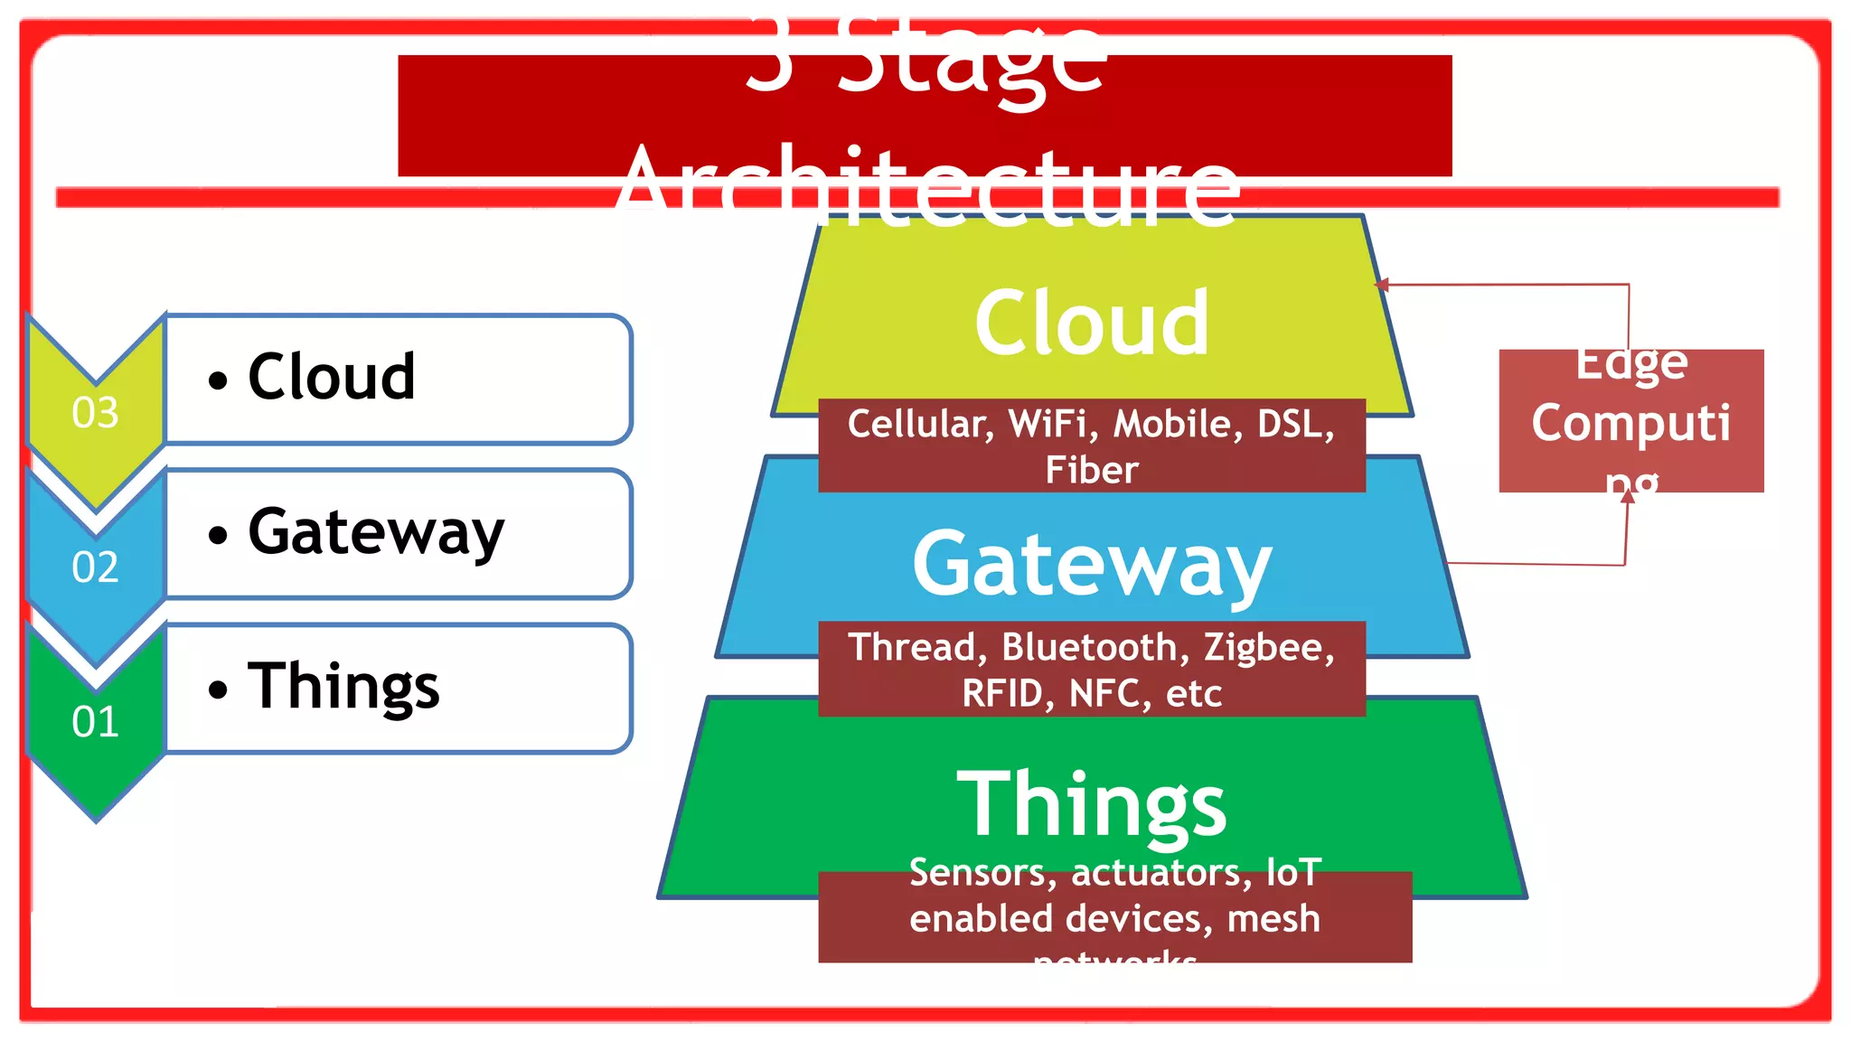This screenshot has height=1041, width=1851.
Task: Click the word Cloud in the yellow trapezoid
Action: coord(1091,323)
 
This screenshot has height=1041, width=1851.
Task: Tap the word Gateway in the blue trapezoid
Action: coord(1091,565)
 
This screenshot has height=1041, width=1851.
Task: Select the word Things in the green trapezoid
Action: coord(1091,803)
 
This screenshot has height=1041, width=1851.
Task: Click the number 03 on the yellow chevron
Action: coord(95,413)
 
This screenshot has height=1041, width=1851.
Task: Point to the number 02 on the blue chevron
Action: coord(95,567)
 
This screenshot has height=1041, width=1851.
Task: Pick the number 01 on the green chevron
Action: coord(95,722)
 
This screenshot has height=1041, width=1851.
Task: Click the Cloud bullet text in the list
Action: coord(331,377)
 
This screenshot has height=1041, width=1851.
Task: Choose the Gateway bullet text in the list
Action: coord(375,532)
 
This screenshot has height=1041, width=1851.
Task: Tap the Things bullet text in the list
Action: coord(343,687)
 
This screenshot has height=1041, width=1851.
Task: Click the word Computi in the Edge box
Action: coord(1630,423)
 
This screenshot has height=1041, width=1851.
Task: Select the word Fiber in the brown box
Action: coord(1091,470)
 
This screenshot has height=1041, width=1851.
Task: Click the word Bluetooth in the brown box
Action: coord(1089,647)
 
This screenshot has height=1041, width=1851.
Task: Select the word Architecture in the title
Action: coord(928,185)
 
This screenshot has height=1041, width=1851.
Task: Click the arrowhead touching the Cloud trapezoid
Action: coord(1381,285)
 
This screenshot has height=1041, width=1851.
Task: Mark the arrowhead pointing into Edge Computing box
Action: coord(1628,496)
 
